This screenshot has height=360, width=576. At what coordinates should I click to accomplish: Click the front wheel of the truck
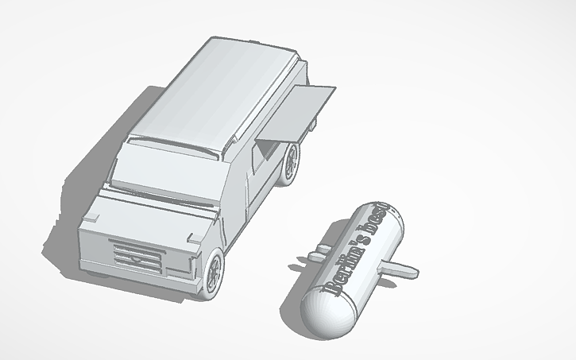tap(214, 273)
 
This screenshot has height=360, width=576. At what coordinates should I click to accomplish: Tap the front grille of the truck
tap(139, 255)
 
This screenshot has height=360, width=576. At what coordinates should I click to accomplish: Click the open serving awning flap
tap(305, 112)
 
